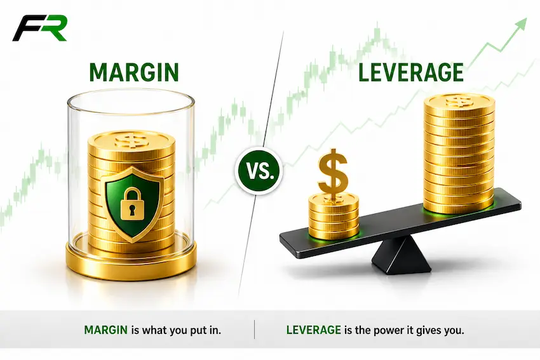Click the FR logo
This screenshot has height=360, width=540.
[39, 28]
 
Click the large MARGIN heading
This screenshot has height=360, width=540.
[134, 72]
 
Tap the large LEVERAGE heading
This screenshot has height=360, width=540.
[411, 72]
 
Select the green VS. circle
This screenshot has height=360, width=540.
[259, 171]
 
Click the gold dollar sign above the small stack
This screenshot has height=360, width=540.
[333, 175]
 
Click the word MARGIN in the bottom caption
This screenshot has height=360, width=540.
[105, 330]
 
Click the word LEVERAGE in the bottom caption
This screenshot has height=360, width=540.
[313, 330]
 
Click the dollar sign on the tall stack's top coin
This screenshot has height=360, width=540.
[459, 101]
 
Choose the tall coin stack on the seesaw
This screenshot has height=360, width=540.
[459, 154]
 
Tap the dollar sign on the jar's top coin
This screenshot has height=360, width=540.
[132, 140]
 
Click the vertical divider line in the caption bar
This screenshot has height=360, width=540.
[255, 330]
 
